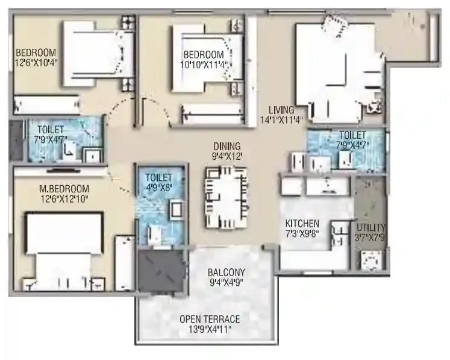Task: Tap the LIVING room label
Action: click(281, 110)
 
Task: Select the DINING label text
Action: click(227, 146)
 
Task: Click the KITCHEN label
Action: click(302, 224)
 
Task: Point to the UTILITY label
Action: click(370, 227)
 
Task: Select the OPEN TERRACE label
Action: click(210, 319)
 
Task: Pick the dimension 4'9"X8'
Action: click(158, 187)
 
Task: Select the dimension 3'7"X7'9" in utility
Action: click(370, 237)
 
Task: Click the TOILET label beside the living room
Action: click(352, 135)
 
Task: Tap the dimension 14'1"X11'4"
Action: click(281, 119)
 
